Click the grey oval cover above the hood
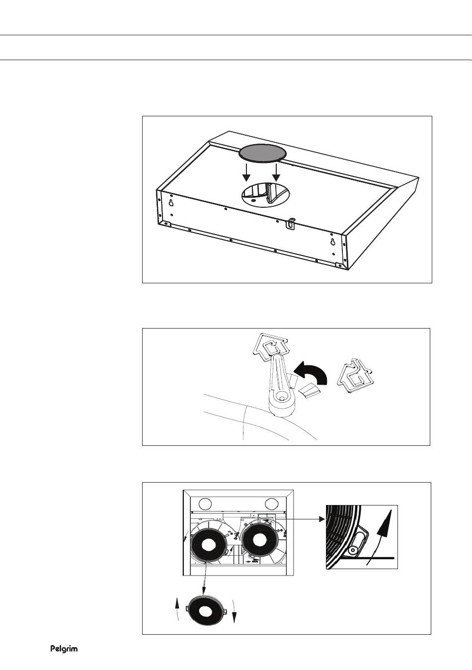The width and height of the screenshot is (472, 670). click(x=262, y=154)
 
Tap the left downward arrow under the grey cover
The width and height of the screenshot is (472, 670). click(x=246, y=172)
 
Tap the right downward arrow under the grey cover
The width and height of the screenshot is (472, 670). click(x=276, y=172)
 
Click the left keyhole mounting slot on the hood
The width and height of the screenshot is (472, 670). click(x=171, y=203)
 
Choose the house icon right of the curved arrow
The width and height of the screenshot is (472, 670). click(x=355, y=375)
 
